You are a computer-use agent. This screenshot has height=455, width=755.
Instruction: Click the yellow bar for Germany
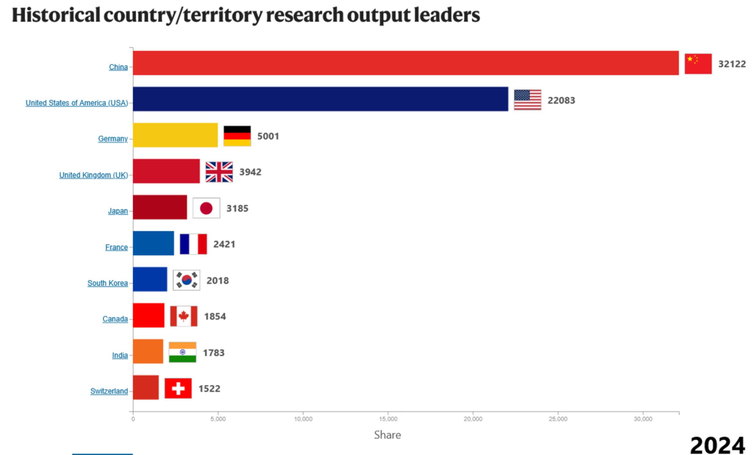pos(175,135)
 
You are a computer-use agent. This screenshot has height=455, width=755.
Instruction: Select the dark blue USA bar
pos(320,99)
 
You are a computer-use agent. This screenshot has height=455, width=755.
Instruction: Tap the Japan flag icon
pos(206,208)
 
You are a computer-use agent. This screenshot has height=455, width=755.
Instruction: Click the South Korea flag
pos(186,280)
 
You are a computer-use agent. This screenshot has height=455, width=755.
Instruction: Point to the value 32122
pos(732,64)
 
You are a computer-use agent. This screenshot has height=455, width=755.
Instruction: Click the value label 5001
pos(268,136)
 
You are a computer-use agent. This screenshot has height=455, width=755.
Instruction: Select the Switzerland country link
pos(109,391)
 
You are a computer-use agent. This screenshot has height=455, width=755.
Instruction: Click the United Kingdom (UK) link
pos(93,175)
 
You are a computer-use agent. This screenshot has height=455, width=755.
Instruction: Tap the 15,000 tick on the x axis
pos(388,419)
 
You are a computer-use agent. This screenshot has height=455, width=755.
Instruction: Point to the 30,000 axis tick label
pos(643,419)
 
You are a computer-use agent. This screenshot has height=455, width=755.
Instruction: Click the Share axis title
pos(387,435)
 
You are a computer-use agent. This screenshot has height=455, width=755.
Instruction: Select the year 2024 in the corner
pos(717,445)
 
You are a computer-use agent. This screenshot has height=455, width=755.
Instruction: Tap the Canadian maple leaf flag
pos(184,316)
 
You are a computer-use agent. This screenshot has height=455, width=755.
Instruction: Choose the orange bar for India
pos(148,351)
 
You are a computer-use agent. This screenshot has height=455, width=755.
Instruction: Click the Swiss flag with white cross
pos(178,388)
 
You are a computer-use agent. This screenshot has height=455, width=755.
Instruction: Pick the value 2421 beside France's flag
pos(224,244)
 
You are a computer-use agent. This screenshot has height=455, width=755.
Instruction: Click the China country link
pos(118,67)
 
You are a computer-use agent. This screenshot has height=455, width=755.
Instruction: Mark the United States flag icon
pos(527,100)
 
